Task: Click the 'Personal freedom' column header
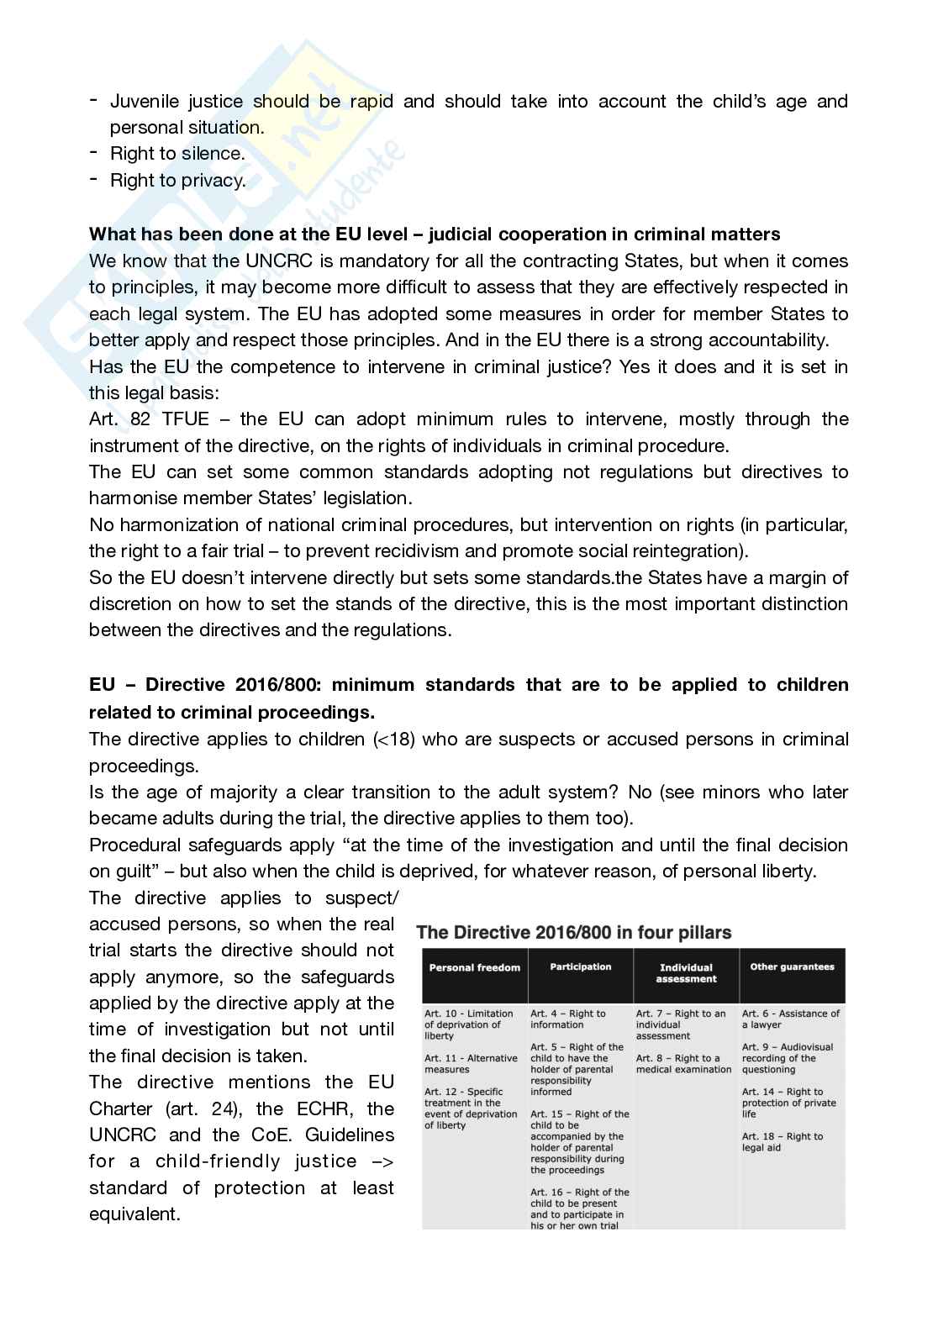point(474,967)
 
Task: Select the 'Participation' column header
point(580,966)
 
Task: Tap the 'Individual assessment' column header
point(685,972)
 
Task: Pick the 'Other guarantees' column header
point(792,966)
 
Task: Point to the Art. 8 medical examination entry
point(683,1064)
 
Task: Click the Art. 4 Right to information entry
point(567,1019)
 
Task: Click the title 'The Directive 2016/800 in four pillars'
point(574,932)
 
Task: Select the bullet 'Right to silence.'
point(177,154)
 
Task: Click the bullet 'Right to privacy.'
point(177,180)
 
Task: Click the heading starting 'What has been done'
point(434,234)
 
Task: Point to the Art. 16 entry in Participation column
point(579,1209)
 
